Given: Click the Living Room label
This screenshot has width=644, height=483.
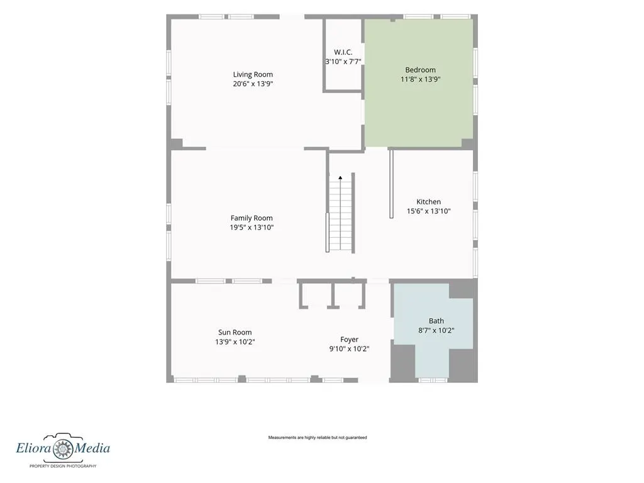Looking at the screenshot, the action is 253,75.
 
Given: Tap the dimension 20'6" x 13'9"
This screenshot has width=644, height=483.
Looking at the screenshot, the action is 253,84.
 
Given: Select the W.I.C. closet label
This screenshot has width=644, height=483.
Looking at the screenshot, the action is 343,52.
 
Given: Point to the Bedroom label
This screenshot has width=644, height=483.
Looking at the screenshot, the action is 420,70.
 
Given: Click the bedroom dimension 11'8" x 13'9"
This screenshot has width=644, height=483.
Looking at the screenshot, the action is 421,79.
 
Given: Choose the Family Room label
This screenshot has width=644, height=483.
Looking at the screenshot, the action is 252,218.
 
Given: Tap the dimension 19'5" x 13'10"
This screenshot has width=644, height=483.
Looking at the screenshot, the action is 252,228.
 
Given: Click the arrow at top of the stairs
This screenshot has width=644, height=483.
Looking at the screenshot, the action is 340,178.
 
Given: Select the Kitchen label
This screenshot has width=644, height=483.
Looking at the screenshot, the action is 428,202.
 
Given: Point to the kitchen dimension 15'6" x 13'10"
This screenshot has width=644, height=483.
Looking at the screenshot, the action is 429,211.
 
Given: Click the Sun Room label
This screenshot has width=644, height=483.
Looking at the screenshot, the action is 235,332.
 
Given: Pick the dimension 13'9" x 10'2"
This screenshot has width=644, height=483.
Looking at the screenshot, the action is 235,341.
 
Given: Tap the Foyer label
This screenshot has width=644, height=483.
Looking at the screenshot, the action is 349,340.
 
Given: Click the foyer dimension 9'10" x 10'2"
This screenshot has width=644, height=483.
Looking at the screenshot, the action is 349,349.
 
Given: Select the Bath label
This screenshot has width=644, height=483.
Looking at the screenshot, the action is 436,321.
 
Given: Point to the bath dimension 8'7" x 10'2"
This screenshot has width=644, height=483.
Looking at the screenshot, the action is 436,330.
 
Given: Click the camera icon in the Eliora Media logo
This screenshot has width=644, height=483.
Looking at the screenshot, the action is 64,447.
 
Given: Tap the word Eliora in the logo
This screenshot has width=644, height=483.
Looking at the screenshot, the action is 34,447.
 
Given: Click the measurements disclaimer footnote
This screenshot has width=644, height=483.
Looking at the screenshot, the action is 318,438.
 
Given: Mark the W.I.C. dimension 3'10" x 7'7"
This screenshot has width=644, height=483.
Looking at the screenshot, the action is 343,62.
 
